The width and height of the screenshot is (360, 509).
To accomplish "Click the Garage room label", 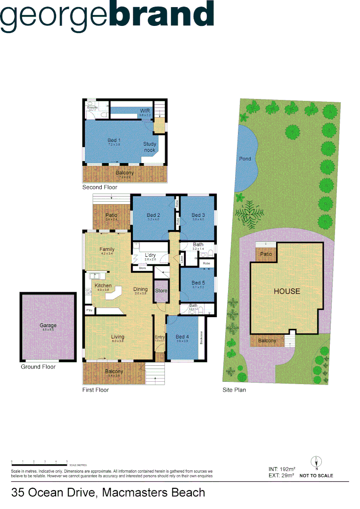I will (48, 326).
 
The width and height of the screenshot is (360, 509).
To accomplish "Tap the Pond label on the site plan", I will (245, 159).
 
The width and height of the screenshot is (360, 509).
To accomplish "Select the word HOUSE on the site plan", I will (287, 291).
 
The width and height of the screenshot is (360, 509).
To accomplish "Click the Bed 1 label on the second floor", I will (115, 140).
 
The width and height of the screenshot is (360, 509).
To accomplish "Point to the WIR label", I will (145, 111).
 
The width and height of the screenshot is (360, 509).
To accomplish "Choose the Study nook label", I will (150, 147).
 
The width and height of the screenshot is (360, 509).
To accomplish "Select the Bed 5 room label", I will (198, 283).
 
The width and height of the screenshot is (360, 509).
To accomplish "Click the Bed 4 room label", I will (182, 337).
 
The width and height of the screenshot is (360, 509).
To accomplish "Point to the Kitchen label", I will (103, 286).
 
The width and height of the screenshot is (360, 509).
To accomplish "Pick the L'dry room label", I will (150, 255).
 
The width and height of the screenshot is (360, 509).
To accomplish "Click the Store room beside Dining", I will (161, 290).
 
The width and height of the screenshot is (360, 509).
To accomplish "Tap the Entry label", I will (160, 337).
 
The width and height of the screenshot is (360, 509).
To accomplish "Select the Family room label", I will (107, 249).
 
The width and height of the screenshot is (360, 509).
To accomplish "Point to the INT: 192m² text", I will (282, 469).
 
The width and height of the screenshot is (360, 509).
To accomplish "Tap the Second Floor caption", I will (100, 187).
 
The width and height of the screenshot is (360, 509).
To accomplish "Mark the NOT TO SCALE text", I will (316, 476).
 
